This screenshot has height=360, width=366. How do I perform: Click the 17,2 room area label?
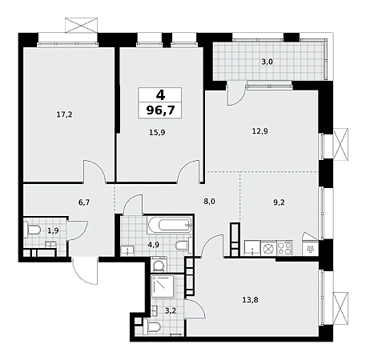coord(64,114)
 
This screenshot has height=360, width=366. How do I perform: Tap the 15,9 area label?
coord(157,132)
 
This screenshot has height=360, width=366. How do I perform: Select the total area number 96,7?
coord(160,110)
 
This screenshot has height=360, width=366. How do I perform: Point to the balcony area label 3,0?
coord(267,62)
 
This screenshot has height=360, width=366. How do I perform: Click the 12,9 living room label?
coord(260,131)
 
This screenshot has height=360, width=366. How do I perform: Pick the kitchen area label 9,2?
coord(279,202)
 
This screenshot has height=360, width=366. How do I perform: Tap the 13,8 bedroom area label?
coord(250,300)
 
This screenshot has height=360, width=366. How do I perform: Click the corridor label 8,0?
coord(209,202)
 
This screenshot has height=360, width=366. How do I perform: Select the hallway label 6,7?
coord(84,202)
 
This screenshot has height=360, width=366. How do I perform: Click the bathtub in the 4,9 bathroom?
coord(170,225)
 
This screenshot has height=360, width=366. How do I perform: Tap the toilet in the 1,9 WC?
coord(32,230)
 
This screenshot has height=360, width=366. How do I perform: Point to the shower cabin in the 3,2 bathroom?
coord(163,286)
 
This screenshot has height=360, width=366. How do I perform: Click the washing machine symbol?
coord(159,265)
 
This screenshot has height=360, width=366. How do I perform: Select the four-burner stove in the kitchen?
coord(284,248)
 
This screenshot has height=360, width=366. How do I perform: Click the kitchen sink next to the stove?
coord(252,248)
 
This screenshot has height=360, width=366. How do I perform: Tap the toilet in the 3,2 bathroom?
coord(151,326)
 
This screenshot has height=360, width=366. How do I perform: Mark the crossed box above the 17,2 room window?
coord(81,25)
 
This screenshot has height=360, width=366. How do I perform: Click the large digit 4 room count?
coord(160,94)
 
